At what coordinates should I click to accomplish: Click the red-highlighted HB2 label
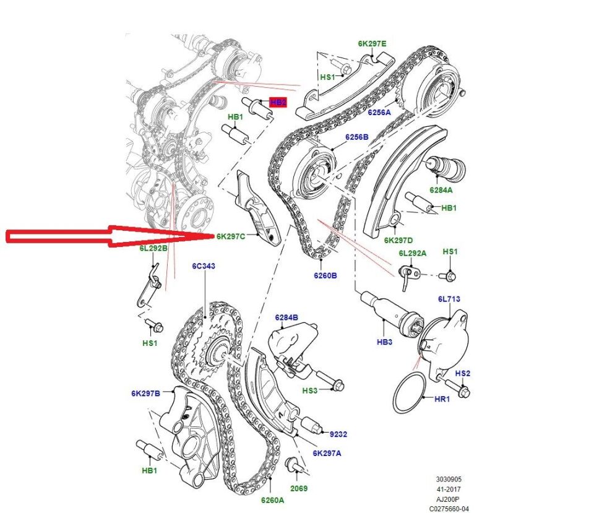278,102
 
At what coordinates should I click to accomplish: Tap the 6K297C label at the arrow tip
231,236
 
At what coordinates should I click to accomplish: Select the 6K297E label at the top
372,43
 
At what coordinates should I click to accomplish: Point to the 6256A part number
379,112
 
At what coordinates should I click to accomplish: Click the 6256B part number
356,137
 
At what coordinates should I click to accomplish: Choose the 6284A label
441,190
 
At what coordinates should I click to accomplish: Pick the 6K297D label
398,240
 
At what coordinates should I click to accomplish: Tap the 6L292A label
412,253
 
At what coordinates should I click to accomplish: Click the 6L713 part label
449,299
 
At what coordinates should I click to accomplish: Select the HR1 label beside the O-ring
442,399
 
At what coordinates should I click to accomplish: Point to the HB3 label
384,342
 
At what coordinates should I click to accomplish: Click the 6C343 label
204,266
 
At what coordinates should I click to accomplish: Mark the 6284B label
286,317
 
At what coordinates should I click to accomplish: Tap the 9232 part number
338,434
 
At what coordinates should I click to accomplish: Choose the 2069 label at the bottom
299,488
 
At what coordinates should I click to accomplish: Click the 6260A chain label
272,500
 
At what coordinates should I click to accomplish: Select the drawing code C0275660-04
449,509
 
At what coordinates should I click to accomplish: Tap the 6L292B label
153,248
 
